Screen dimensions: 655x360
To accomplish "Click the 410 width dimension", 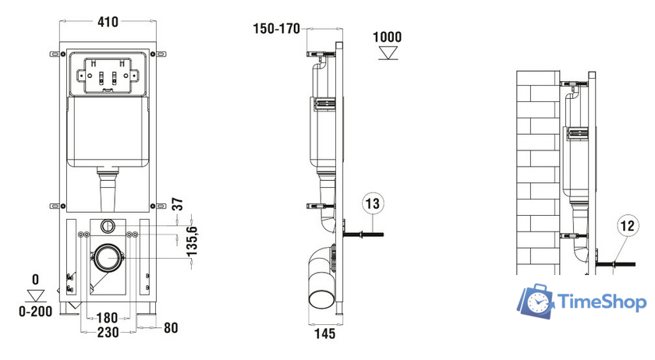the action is (x=108, y=21).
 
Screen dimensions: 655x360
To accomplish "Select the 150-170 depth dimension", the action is (x=277, y=29).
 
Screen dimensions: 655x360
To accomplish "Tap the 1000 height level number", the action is (x=388, y=37).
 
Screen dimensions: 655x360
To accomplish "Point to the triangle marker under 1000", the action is (x=388, y=53).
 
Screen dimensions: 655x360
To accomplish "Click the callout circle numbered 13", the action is (x=373, y=203).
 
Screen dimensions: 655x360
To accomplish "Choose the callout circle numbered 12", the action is (x=628, y=226).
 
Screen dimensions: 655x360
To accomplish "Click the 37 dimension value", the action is (x=178, y=204).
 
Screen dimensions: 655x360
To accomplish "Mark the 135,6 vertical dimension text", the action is (x=192, y=242).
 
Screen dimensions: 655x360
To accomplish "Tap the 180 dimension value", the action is (x=108, y=318).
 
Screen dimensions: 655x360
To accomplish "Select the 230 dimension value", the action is (x=108, y=333).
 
